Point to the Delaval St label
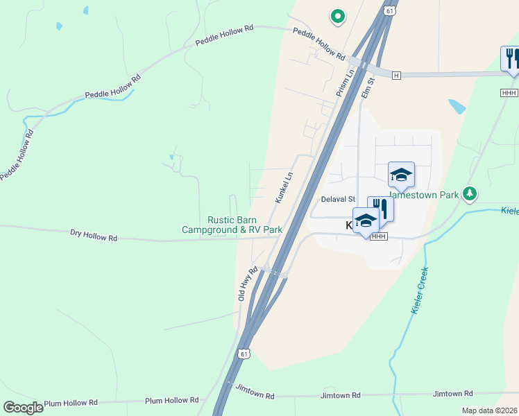pos(338,199)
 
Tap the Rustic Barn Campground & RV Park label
pos(232,225)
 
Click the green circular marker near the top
pos(337,15)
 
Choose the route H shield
pos(396,75)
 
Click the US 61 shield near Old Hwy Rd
pos(242,354)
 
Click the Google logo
pos(24,408)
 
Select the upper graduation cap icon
pos(401,175)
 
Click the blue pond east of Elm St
pos(457,106)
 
